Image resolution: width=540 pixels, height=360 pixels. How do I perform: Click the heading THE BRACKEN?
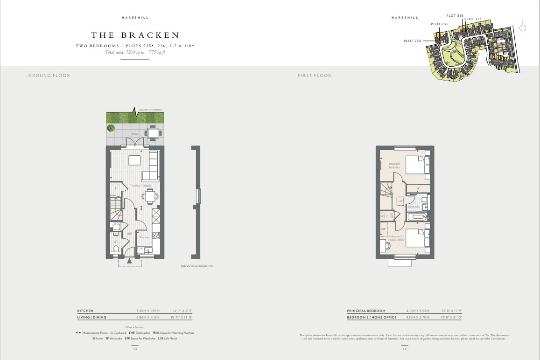coord(135,35)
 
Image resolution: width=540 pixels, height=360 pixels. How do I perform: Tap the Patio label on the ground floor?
coord(134,134)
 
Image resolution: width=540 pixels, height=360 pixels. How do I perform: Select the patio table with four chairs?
coord(154,133)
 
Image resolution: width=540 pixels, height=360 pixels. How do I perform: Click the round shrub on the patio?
coord(111,128)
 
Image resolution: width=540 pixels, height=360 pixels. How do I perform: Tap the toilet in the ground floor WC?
coord(115,249)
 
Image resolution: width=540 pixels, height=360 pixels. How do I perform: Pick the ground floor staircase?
coord(116,208)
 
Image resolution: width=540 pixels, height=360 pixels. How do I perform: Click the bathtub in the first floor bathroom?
coord(417,217)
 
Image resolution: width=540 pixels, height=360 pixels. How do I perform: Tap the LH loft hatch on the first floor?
coord(400,201)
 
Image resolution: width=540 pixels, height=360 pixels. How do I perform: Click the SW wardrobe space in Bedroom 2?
coord(383,229)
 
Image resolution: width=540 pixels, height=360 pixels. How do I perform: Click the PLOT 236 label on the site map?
coord(413,41)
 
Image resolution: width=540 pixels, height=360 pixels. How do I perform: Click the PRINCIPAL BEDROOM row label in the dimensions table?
coord(366,311)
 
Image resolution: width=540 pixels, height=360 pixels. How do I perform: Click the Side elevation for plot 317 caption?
coord(197,266)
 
